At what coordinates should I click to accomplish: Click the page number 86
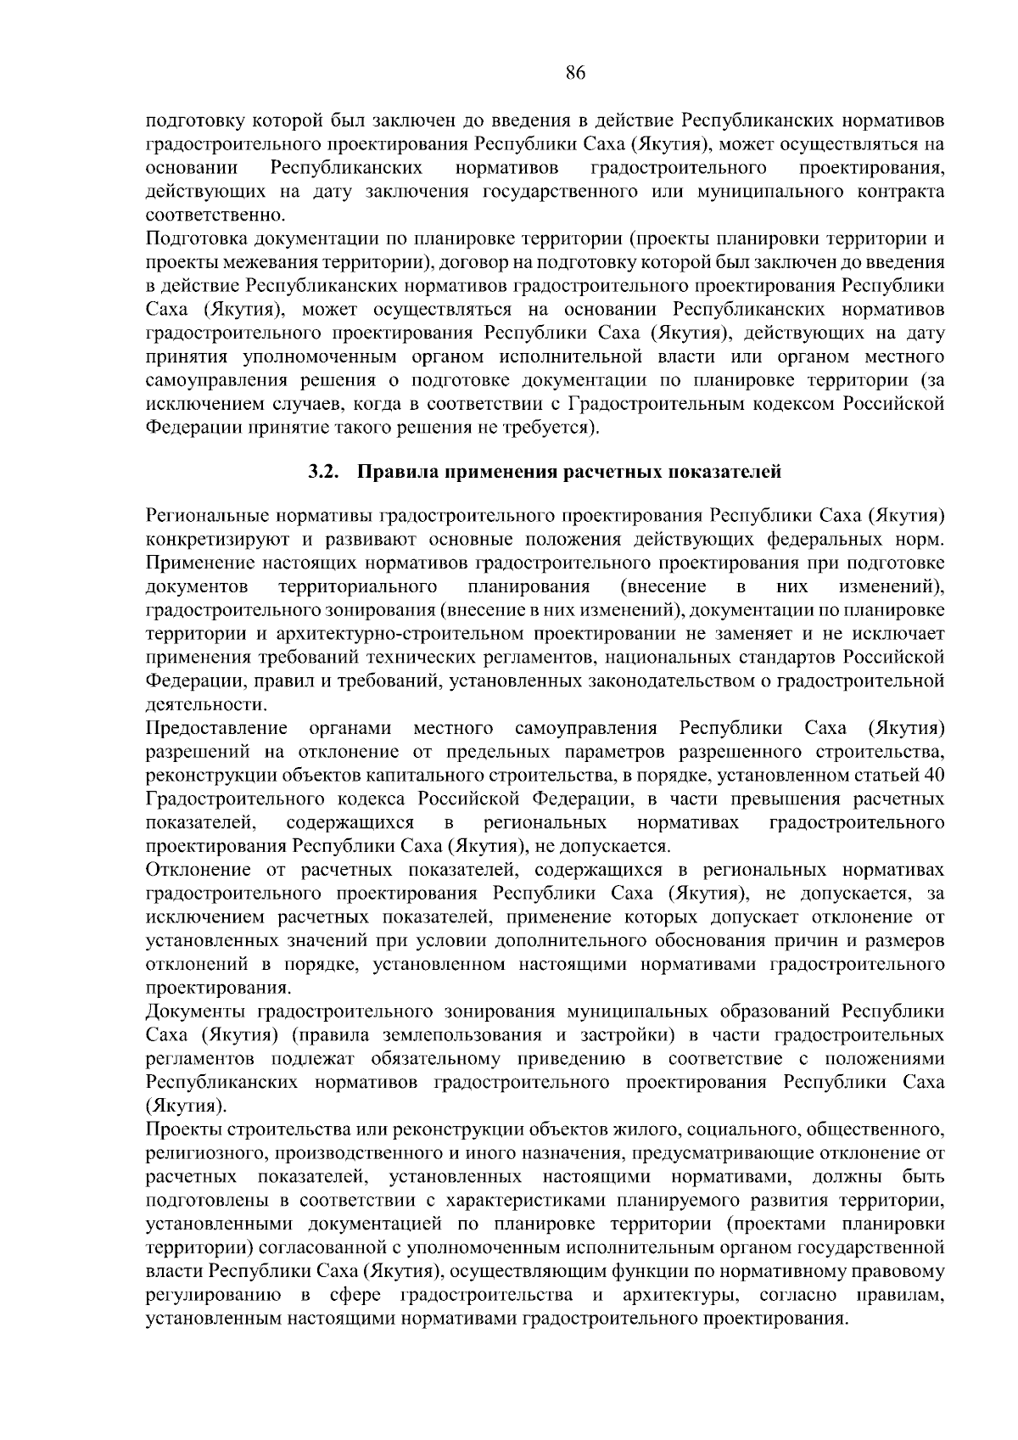(575, 73)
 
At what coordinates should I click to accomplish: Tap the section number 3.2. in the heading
(324, 473)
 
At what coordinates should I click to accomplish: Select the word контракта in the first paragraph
(902, 192)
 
